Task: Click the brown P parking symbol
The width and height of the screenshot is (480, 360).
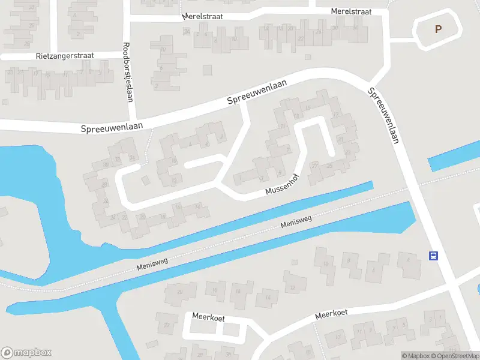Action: tap(438, 29)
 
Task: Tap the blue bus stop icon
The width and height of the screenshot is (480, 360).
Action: tap(433, 256)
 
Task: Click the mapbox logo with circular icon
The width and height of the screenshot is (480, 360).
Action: tap(26, 353)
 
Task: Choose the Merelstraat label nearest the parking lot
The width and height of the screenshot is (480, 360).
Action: tap(351, 11)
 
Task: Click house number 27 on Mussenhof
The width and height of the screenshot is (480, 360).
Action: tap(314, 164)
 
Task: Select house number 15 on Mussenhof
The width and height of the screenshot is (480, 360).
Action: tap(308, 108)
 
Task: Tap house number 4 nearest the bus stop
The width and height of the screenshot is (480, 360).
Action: tap(408, 259)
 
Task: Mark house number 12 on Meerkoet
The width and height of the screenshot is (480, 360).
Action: tap(293, 288)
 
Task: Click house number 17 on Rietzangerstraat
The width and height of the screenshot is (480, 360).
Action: tap(35, 74)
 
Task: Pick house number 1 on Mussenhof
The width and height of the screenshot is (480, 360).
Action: tap(240, 178)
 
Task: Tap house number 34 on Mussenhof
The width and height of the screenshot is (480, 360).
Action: tap(197, 207)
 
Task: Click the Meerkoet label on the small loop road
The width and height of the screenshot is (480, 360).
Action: tap(208, 316)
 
